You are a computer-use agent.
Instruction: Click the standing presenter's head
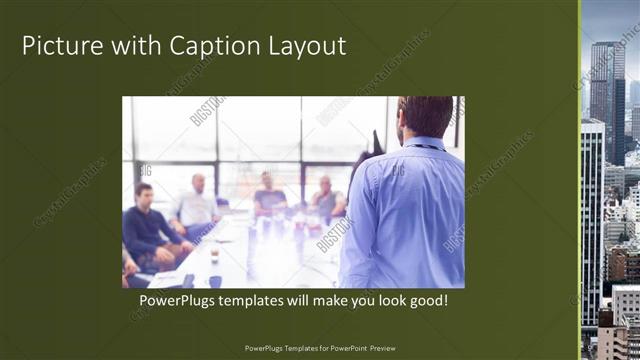[424, 117]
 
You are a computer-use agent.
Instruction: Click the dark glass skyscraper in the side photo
[604, 100]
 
